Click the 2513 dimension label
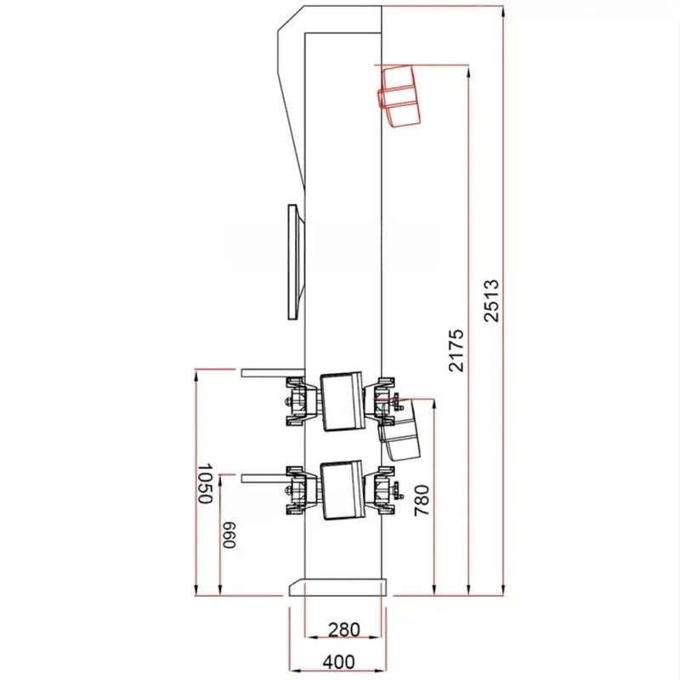pyautogui.click(x=491, y=301)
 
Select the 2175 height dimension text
pyautogui.click(x=456, y=351)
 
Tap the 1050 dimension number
pyautogui.click(x=206, y=484)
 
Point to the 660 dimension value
pyautogui.click(x=229, y=535)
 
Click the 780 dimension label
pyautogui.click(x=422, y=501)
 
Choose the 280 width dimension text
pyautogui.click(x=344, y=630)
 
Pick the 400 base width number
pyautogui.click(x=338, y=662)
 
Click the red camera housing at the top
pyautogui.click(x=399, y=96)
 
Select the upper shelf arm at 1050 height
pyautogui.click(x=273, y=373)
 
